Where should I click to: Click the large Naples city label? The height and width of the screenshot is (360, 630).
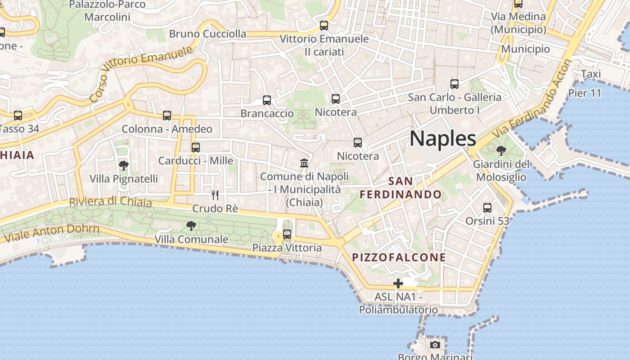tap(443, 139)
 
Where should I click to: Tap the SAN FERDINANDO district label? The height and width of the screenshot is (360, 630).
tap(400, 188)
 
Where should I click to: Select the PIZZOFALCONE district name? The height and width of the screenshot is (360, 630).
tap(399, 257)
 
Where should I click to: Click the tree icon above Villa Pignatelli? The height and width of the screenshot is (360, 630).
tap(124, 166)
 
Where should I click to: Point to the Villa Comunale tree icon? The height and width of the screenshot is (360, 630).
tap(191, 226)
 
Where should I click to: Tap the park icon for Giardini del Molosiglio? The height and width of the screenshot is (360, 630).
tap(501, 151)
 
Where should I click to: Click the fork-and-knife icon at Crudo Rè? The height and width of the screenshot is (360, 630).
tap(215, 195)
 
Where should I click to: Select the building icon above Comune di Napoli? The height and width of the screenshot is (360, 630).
tap(304, 163)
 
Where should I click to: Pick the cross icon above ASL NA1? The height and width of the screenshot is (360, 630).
tap(398, 283)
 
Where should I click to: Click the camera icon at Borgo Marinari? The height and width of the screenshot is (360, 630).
tap(435, 345)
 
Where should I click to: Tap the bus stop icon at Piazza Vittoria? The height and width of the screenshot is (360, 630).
tap(287, 234)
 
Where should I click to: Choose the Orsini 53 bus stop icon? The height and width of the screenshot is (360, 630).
tap(487, 208)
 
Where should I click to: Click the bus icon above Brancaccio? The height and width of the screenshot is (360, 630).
tap(267, 100)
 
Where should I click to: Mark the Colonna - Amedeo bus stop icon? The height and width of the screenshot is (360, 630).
tap(167, 116)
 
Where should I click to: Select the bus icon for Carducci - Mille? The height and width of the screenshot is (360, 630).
tap(196, 148)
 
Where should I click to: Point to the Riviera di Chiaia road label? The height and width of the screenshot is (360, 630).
tap(110, 202)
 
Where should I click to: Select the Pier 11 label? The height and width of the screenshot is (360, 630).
tap(585, 93)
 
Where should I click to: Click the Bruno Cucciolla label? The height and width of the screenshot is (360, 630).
tap(207, 34)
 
